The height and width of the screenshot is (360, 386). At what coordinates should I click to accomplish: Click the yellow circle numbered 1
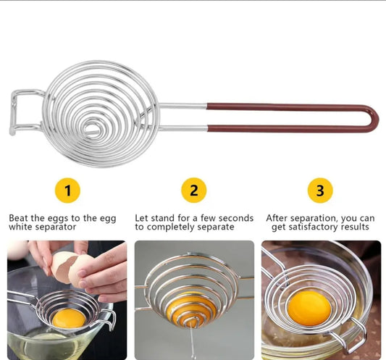point(67,191)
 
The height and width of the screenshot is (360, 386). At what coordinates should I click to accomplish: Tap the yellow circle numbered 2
point(193,191)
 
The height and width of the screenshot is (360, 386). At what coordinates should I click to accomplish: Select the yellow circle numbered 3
point(319,191)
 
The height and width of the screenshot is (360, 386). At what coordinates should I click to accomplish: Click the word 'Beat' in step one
point(19,217)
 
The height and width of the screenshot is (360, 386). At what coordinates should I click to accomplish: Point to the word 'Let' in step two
point(142,217)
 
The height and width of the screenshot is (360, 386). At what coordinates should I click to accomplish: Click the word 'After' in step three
point(279,217)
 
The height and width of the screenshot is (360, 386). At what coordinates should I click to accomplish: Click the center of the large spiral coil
point(92,127)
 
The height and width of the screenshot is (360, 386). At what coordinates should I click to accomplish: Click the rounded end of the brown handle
point(372,118)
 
